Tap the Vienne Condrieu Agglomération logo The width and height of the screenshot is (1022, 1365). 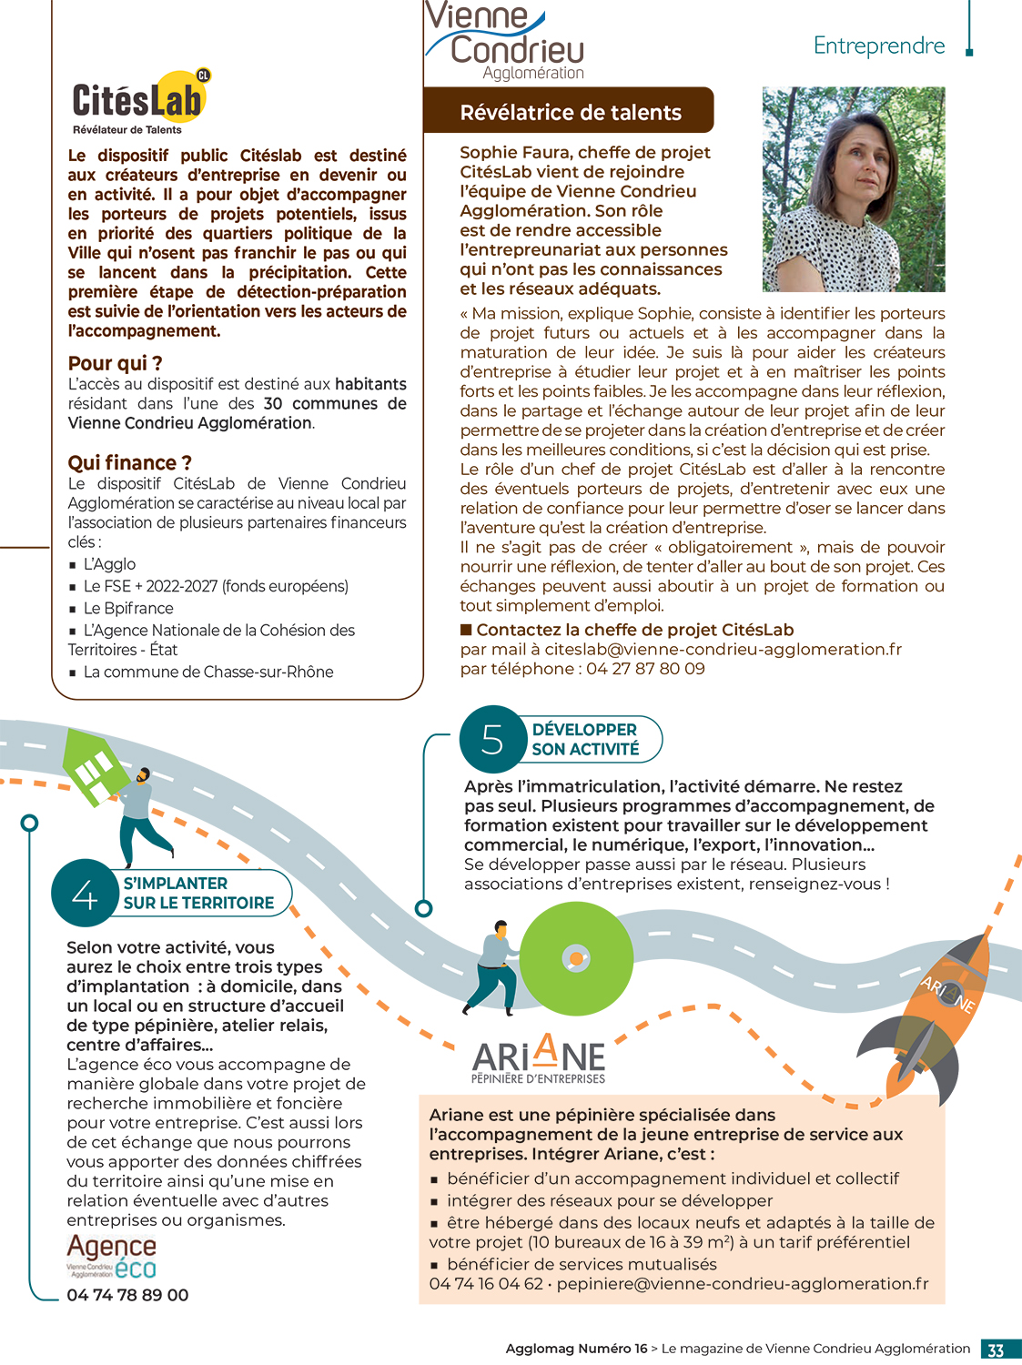[505, 42]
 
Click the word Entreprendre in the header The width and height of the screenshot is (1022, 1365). [878, 45]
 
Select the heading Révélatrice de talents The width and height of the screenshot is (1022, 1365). [570, 112]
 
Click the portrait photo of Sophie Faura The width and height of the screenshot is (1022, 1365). [853, 189]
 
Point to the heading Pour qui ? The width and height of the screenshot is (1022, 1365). [115, 363]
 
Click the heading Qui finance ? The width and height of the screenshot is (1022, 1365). [129, 462]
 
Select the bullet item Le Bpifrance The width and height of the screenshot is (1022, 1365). [127, 608]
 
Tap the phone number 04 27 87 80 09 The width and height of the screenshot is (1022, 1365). [645, 669]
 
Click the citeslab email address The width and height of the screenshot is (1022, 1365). [723, 649]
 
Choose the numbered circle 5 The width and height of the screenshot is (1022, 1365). [492, 739]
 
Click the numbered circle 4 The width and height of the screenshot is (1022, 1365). [85, 893]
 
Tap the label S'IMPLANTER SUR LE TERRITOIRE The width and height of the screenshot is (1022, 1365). [198, 893]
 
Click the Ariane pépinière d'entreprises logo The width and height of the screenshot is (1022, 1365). [539, 1059]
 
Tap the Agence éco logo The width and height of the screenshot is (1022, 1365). [111, 1256]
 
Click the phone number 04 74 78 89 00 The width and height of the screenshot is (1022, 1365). [127, 1295]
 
